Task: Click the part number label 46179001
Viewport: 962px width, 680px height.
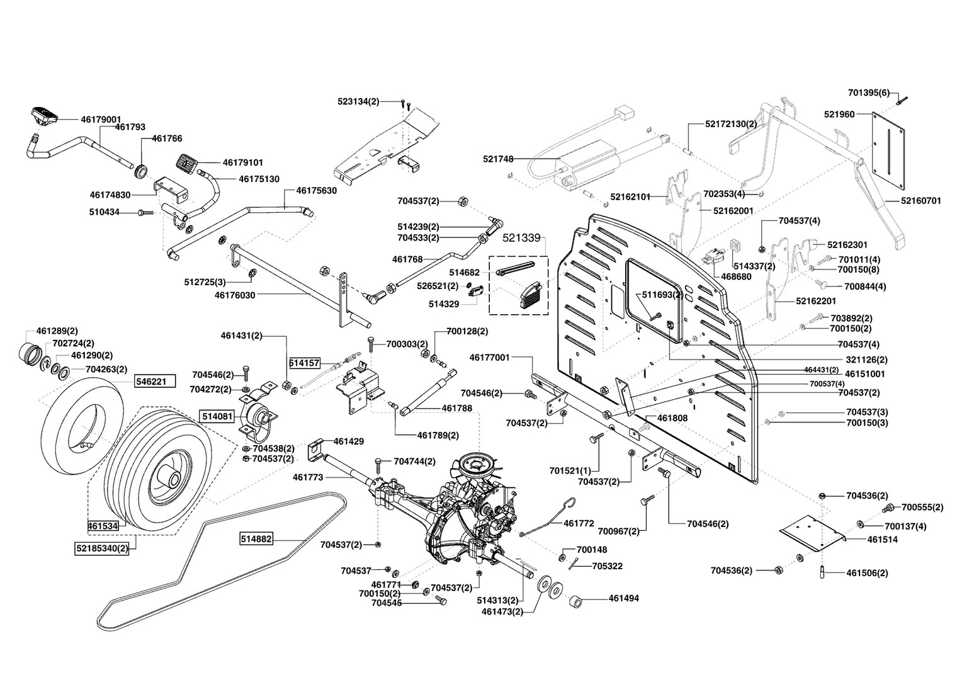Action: pos(101,119)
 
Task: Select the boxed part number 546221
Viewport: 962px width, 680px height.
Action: pos(154,382)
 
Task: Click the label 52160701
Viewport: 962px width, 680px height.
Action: pos(920,201)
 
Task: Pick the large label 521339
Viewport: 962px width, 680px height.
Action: pos(521,238)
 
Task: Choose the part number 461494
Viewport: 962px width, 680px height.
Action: pos(623,598)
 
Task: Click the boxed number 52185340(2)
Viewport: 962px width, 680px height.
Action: pos(101,548)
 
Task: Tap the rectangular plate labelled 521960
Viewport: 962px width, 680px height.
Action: pos(888,151)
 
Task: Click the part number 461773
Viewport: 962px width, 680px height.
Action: pos(308,477)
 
